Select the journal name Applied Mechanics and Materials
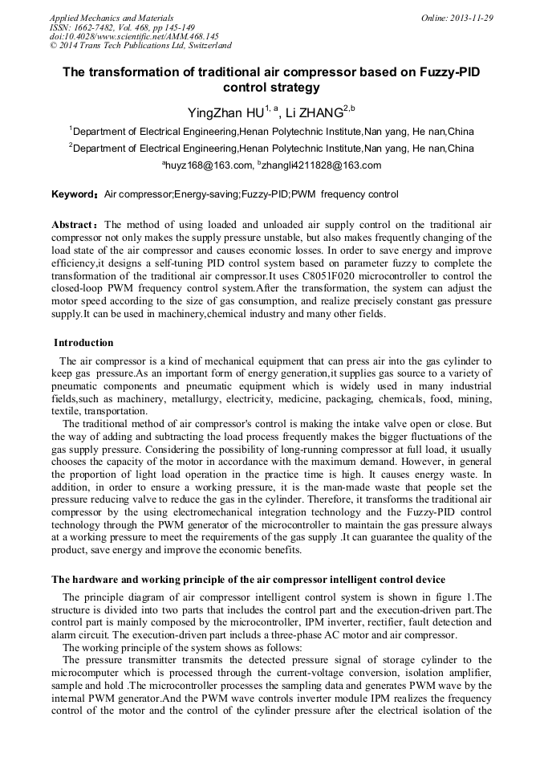pos(112,18)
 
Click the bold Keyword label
pos(74,195)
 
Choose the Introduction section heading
pos(83,343)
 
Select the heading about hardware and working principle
pos(249,579)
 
